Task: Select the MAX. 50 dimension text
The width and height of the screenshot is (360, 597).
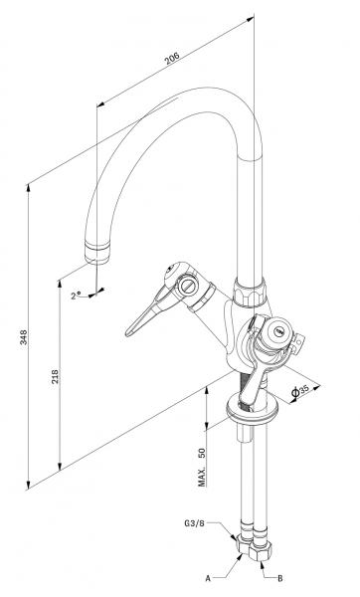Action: point(203,465)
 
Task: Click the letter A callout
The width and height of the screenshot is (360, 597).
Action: point(208,576)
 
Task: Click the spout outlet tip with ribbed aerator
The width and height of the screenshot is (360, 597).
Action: point(96,247)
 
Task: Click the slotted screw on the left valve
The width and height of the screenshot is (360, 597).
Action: point(186,286)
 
